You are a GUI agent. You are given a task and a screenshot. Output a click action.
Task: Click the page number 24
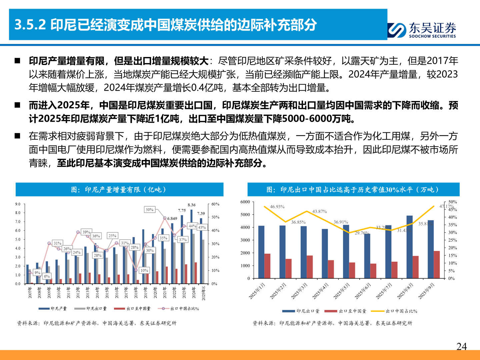point(461,347)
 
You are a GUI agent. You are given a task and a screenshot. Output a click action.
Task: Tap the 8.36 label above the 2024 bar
point(192,205)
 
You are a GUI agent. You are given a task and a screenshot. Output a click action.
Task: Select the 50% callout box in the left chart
point(149,210)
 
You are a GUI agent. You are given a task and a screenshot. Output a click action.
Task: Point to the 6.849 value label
point(172,218)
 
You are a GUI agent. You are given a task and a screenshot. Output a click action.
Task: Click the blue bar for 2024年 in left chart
point(191,247)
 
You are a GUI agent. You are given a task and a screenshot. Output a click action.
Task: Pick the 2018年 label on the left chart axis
point(136,292)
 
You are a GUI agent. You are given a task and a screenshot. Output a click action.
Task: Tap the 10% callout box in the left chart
point(144,270)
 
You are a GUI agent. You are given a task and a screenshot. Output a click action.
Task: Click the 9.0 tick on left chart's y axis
point(18,204)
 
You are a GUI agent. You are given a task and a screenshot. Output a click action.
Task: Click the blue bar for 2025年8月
point(409,247)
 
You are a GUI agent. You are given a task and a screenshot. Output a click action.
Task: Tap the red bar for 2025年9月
point(437,265)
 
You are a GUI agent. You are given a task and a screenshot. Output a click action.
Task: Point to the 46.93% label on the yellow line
point(277,207)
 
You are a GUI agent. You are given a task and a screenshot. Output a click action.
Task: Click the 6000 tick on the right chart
point(245,202)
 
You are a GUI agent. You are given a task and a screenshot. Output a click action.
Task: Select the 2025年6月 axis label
point(363,291)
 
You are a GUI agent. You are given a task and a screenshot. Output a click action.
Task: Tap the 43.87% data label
point(319,211)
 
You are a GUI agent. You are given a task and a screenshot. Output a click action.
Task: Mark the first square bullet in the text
point(17,61)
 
